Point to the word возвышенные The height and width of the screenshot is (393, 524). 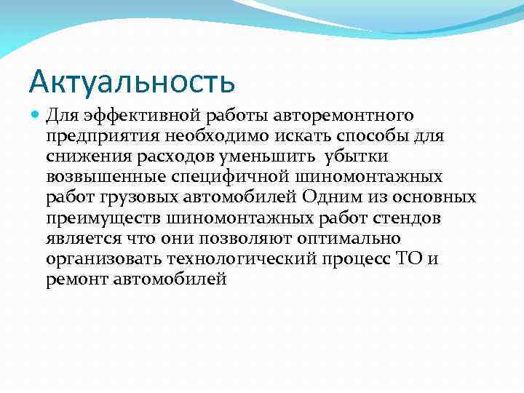[x=100, y=177]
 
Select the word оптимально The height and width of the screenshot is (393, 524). [x=359, y=238]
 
